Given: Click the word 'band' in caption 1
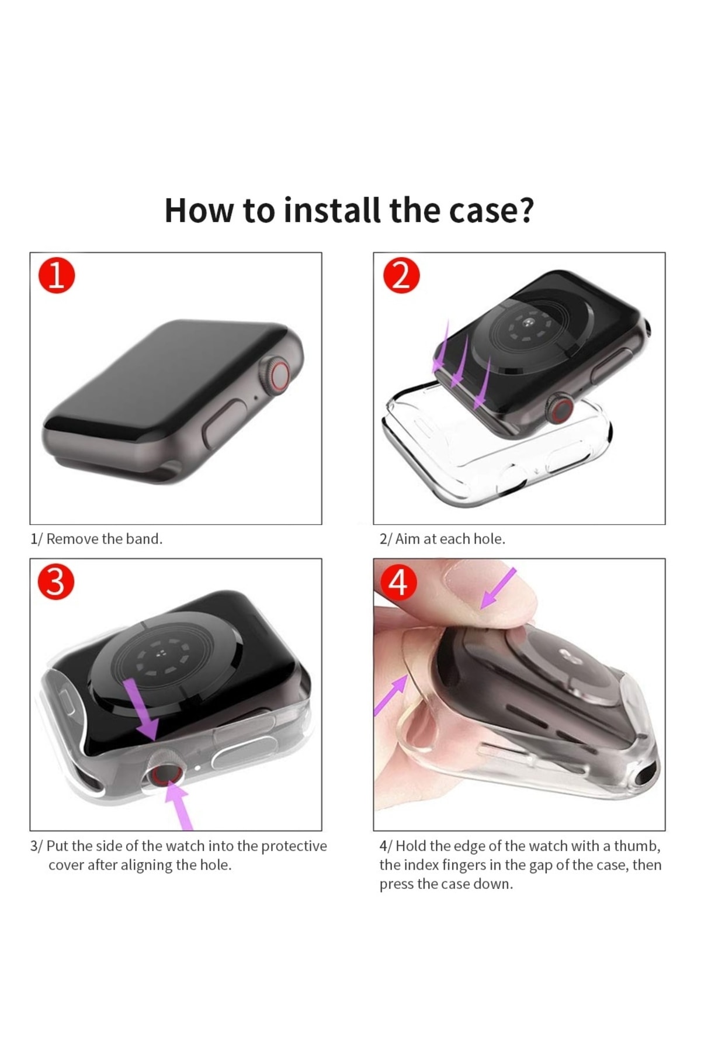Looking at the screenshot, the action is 143,539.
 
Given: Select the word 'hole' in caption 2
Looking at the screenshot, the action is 488,539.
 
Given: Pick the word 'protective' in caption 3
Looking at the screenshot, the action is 294,846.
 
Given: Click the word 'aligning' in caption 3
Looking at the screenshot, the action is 147,866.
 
